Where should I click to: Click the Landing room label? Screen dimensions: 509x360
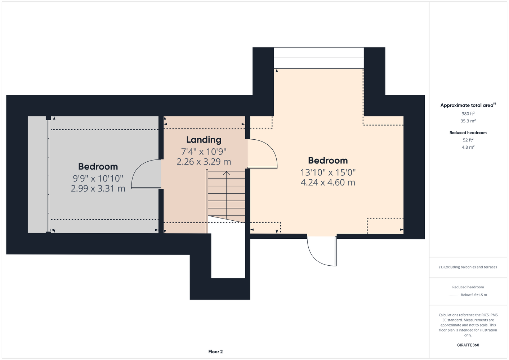click(204, 140)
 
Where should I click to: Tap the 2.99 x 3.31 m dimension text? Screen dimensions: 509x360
click(98, 189)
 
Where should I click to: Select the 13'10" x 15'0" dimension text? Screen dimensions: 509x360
click(328, 172)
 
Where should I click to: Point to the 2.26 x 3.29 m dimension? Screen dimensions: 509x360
click(204, 162)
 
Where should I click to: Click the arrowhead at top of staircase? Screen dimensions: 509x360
click(227, 173)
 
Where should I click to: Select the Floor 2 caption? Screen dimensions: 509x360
click(215, 352)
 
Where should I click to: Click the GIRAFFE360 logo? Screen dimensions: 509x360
click(468, 345)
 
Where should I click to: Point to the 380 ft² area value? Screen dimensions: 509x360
click(468, 113)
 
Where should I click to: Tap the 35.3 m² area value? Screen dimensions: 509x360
click(468, 121)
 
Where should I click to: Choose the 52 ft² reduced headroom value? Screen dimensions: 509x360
click(468, 140)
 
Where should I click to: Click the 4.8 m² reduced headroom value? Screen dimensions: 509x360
click(468, 147)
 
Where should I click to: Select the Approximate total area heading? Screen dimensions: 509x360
click(468, 105)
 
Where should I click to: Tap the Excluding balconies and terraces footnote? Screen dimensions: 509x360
click(468, 267)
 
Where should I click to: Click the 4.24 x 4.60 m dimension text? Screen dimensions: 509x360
click(328, 183)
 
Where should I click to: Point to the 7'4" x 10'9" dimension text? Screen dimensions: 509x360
click(204, 152)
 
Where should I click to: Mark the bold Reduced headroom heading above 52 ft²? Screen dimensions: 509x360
click(468, 132)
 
